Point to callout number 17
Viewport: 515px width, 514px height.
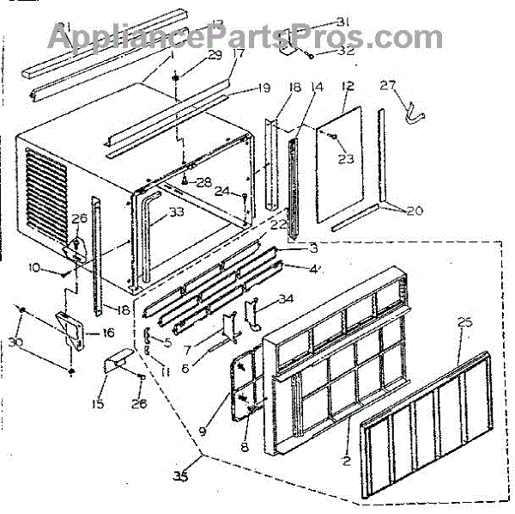[x=238, y=53]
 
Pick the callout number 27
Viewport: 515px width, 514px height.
[x=388, y=85]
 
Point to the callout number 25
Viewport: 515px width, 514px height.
[x=464, y=323]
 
